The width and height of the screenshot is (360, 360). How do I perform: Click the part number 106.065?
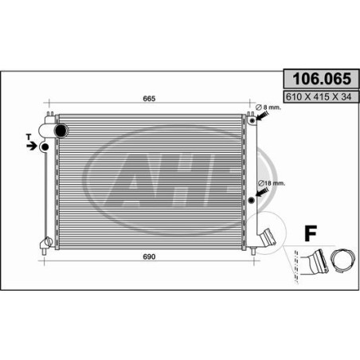pos(322,79)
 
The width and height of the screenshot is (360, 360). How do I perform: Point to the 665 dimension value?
pos(149,99)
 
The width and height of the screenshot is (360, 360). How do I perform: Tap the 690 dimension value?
pos(149,256)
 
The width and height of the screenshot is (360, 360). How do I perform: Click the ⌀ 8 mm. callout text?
pos(268,108)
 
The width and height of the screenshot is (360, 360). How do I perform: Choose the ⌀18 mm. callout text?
pos(272,183)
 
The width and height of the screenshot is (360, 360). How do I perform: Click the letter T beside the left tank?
pos(29,137)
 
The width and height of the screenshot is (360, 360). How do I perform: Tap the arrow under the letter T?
pos(32,146)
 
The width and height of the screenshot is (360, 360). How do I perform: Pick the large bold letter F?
pos(311,233)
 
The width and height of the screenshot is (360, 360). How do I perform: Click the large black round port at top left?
pos(61,131)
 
